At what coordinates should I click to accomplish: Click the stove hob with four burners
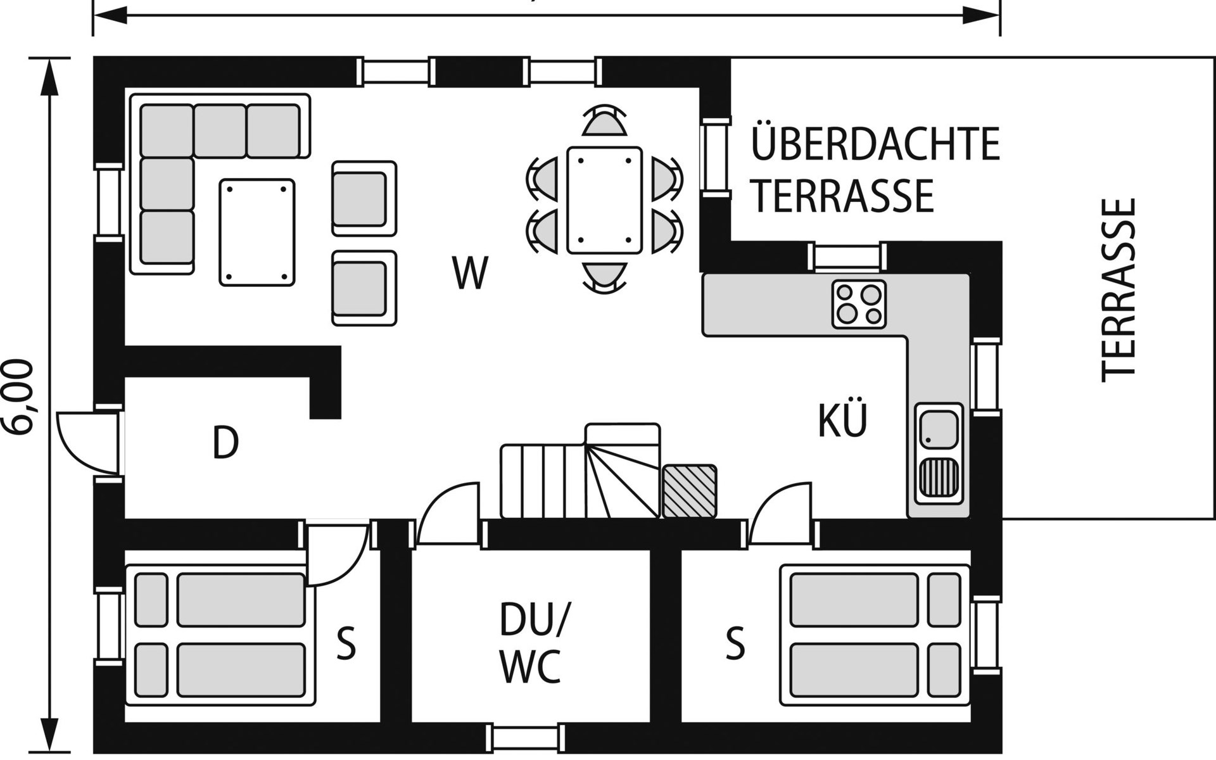tap(859, 304)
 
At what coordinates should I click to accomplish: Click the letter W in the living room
tap(471, 272)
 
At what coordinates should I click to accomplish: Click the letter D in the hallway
tap(225, 442)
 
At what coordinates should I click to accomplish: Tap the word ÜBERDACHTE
tap(875, 144)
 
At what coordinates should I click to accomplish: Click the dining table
tap(604, 200)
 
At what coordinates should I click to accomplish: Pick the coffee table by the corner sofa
tap(257, 232)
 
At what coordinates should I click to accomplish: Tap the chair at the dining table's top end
tap(604, 120)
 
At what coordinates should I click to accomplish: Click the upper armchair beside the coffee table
tap(364, 199)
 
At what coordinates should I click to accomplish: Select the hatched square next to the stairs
tap(690, 491)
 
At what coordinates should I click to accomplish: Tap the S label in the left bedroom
tap(346, 643)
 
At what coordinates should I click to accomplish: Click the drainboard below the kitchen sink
tap(939, 476)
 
